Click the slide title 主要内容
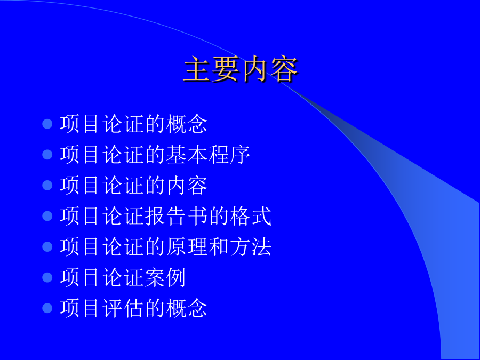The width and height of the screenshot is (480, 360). click(x=241, y=69)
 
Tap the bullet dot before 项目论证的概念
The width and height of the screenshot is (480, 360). click(x=47, y=124)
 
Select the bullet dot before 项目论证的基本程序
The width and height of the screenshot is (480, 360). click(x=47, y=155)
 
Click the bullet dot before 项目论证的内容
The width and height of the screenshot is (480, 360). click(x=47, y=185)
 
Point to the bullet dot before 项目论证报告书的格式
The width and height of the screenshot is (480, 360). click(x=47, y=216)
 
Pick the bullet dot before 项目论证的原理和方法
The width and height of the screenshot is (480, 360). click(x=47, y=246)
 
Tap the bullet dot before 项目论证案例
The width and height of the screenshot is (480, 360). click(x=47, y=277)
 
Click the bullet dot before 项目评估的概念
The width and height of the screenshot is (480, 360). click(x=47, y=308)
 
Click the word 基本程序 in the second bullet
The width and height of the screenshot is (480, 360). click(x=208, y=155)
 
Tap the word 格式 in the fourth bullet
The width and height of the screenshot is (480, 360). click(x=251, y=216)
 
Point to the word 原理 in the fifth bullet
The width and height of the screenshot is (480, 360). click(x=187, y=246)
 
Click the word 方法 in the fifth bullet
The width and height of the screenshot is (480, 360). click(x=251, y=246)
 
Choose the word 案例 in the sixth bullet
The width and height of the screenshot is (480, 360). click(x=165, y=277)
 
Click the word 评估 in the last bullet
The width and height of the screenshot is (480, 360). click(x=123, y=308)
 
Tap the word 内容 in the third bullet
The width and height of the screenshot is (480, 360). click(x=187, y=185)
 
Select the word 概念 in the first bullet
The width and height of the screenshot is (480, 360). click(x=187, y=124)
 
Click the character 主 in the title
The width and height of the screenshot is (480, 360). click(x=197, y=69)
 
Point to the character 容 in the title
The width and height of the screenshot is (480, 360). click(x=284, y=69)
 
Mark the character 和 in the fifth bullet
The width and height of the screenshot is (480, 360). click(x=219, y=246)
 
